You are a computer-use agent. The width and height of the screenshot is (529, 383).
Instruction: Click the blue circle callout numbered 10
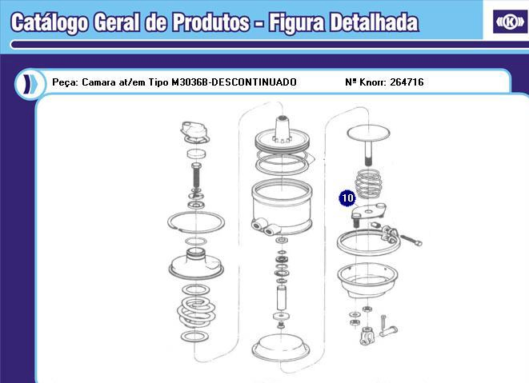pyautogui.click(x=347, y=196)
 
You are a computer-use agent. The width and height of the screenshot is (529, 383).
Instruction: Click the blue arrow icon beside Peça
pyautogui.click(x=30, y=82)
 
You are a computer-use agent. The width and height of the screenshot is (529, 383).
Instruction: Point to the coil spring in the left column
pyautogui.click(x=194, y=308)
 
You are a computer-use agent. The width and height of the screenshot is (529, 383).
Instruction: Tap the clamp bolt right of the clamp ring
pyautogui.click(x=408, y=237)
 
